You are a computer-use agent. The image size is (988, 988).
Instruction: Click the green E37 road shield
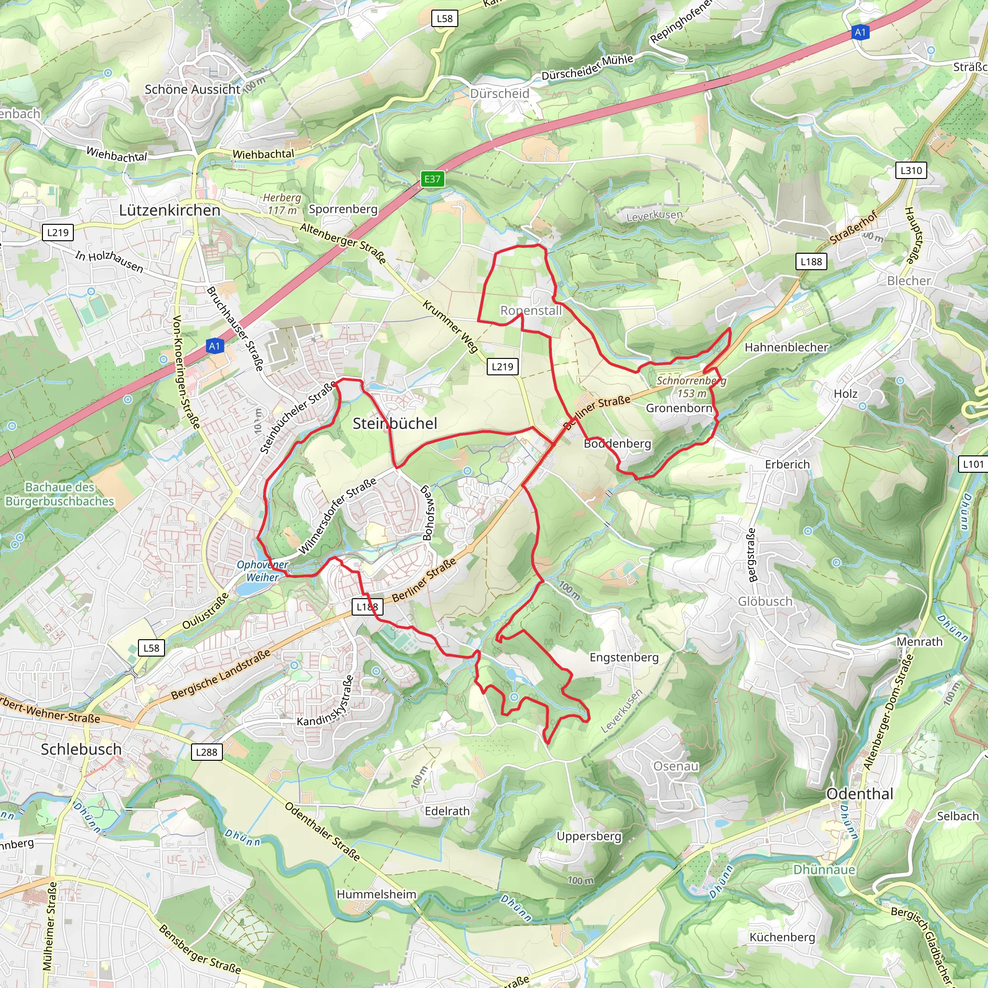(x=432, y=179)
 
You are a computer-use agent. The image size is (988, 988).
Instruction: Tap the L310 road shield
(x=911, y=170)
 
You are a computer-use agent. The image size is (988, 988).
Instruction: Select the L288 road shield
(x=206, y=752)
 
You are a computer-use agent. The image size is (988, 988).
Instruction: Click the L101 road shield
(x=973, y=464)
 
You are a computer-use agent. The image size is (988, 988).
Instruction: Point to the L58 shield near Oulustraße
(x=151, y=648)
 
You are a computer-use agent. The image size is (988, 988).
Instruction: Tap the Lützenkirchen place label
(x=169, y=210)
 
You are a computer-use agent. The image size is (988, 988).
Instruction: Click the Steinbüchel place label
(x=395, y=423)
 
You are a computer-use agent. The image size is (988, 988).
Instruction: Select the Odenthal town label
(x=860, y=794)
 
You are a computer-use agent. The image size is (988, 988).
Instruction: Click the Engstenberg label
(x=624, y=657)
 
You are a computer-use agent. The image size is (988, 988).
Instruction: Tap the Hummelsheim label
(x=376, y=894)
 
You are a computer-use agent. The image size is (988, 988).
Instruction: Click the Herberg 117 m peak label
(x=282, y=204)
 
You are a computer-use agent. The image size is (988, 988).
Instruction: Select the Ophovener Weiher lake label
(x=262, y=571)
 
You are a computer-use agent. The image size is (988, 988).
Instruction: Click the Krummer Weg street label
(x=450, y=326)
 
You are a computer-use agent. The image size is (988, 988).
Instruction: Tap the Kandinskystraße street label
(x=326, y=701)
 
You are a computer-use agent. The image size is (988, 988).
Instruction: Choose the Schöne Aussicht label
(x=192, y=89)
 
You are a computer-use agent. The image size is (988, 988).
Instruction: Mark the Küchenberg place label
(x=782, y=937)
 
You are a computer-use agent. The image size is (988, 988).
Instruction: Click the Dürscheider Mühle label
(x=587, y=68)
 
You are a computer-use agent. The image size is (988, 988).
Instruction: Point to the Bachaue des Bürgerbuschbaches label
(x=60, y=494)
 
